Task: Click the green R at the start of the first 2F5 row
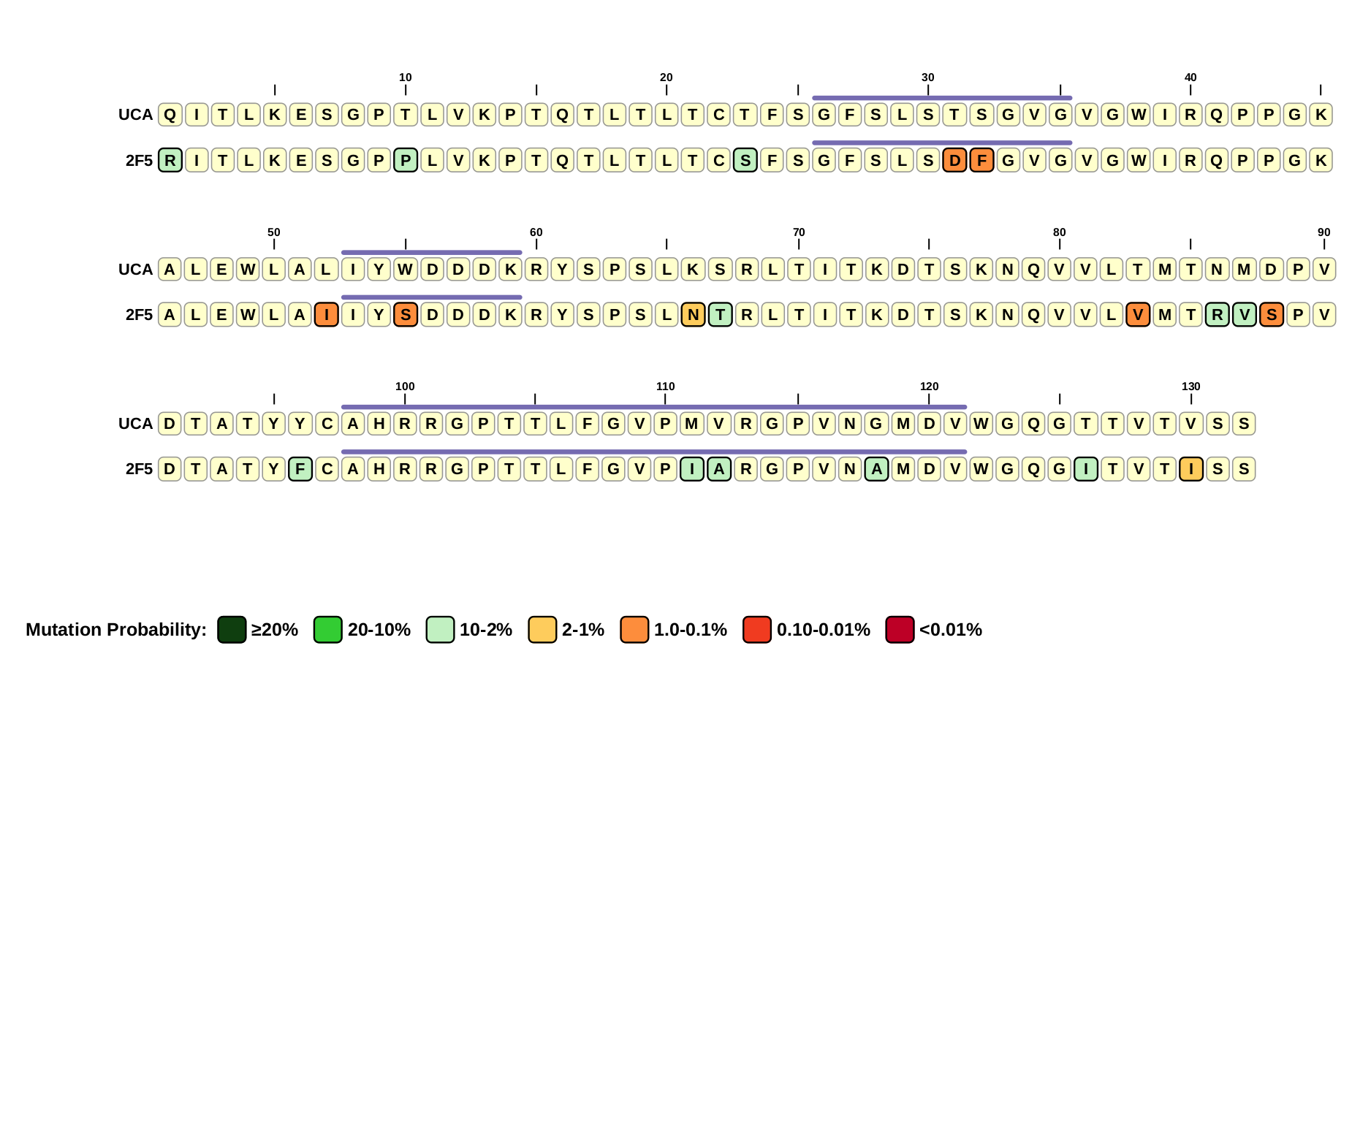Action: coord(170,160)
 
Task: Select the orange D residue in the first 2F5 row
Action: coord(954,160)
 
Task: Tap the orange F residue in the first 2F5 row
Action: coord(981,160)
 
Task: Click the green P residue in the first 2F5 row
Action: coord(406,160)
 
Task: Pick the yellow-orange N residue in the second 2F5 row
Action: coord(693,315)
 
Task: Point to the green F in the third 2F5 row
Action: coord(300,469)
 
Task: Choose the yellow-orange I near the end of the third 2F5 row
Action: coord(1191,469)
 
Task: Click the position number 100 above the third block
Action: coord(405,387)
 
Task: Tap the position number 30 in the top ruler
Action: coord(928,77)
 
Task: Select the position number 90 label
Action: coord(1324,232)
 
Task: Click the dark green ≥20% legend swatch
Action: coord(232,630)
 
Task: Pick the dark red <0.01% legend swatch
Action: coord(900,630)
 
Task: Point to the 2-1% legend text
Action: coord(583,630)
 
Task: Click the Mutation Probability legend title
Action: coord(116,630)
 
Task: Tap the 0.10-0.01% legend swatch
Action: coord(757,630)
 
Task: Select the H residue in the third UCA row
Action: coord(379,424)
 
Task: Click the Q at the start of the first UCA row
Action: coord(170,115)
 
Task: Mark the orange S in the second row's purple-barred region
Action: coord(406,315)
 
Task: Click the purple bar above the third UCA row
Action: coord(654,407)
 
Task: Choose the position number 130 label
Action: coord(1191,387)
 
